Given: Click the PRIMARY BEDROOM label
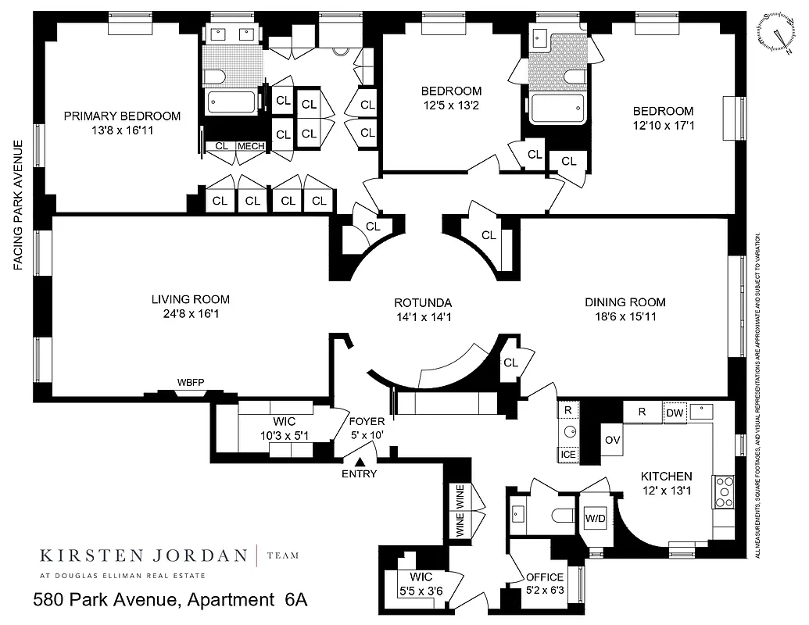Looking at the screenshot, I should (122, 116).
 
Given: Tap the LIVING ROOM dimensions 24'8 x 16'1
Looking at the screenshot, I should (191, 314).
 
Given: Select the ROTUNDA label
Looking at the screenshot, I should (423, 302).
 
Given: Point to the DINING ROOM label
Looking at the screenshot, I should (625, 302).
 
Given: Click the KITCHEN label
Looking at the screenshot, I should (666, 476).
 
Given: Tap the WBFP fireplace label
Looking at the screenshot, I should (190, 383).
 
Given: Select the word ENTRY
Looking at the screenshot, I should (360, 474).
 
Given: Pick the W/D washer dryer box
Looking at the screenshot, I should (596, 519).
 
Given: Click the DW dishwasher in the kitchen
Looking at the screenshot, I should (674, 412).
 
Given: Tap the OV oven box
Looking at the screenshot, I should (612, 441).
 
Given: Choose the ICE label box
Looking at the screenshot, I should (567, 454).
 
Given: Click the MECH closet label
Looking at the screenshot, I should (251, 146).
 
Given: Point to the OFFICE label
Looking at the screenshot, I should (545, 577).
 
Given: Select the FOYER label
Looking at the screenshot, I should (367, 422).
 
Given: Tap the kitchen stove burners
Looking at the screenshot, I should (724, 492).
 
